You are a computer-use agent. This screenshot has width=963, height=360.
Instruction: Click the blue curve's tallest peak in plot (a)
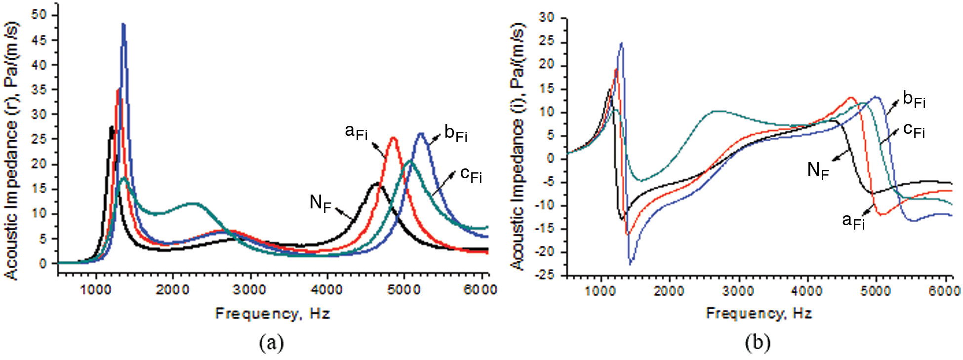tap(123, 24)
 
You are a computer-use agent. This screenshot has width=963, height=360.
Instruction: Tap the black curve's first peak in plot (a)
tap(112, 127)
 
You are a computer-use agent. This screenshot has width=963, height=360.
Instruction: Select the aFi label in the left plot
tap(356, 132)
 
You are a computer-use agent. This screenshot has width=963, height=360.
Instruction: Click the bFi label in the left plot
tap(455, 133)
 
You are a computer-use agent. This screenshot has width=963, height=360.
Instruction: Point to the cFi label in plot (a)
tap(471, 174)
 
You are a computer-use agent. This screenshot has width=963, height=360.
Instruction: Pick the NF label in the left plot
tap(320, 202)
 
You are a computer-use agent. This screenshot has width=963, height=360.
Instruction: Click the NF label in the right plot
tap(818, 170)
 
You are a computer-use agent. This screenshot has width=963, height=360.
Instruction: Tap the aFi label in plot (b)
tap(853, 221)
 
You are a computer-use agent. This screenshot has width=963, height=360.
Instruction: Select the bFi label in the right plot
tap(914, 99)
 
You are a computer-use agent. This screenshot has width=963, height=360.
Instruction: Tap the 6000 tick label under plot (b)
tap(944, 291)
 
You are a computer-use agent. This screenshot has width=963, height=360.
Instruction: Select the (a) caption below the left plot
tap(271, 342)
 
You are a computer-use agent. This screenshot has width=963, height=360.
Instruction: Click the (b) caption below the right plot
tap(757, 342)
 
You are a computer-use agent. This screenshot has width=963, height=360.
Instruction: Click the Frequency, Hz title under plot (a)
tap(272, 314)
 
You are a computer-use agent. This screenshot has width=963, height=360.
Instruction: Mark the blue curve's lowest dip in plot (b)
tap(630, 263)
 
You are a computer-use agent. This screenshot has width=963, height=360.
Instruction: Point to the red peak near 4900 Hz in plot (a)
tap(393, 138)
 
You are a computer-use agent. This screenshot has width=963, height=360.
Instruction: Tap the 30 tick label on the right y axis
tap(547, 17)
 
